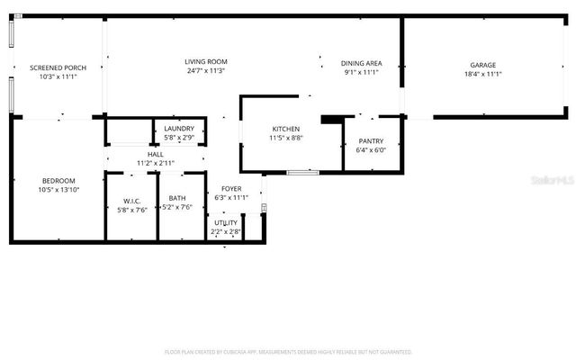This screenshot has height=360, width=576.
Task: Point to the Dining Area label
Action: tap(362, 63)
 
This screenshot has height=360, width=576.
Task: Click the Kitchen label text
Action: tap(285, 130)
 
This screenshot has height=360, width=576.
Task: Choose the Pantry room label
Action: tap(371, 141)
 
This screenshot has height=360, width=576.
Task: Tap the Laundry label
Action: tap(179, 129)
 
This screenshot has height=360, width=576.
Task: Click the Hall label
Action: tap(155, 155)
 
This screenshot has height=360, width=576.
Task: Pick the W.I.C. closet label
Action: tap(130, 201)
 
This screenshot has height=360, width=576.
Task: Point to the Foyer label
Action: tap(229, 189)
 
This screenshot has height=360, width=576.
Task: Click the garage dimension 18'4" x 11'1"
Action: tap(483, 74)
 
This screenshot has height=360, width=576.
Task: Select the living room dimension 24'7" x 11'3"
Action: tap(205, 71)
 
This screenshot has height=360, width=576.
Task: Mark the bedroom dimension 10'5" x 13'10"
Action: tap(58, 189)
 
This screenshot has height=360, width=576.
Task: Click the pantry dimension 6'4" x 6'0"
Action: tap(371, 150)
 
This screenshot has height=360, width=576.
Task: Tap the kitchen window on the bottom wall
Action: tap(302, 172)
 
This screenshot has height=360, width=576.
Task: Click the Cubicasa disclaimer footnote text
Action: tap(288, 352)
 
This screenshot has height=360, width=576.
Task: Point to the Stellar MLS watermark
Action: tap(551, 181)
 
